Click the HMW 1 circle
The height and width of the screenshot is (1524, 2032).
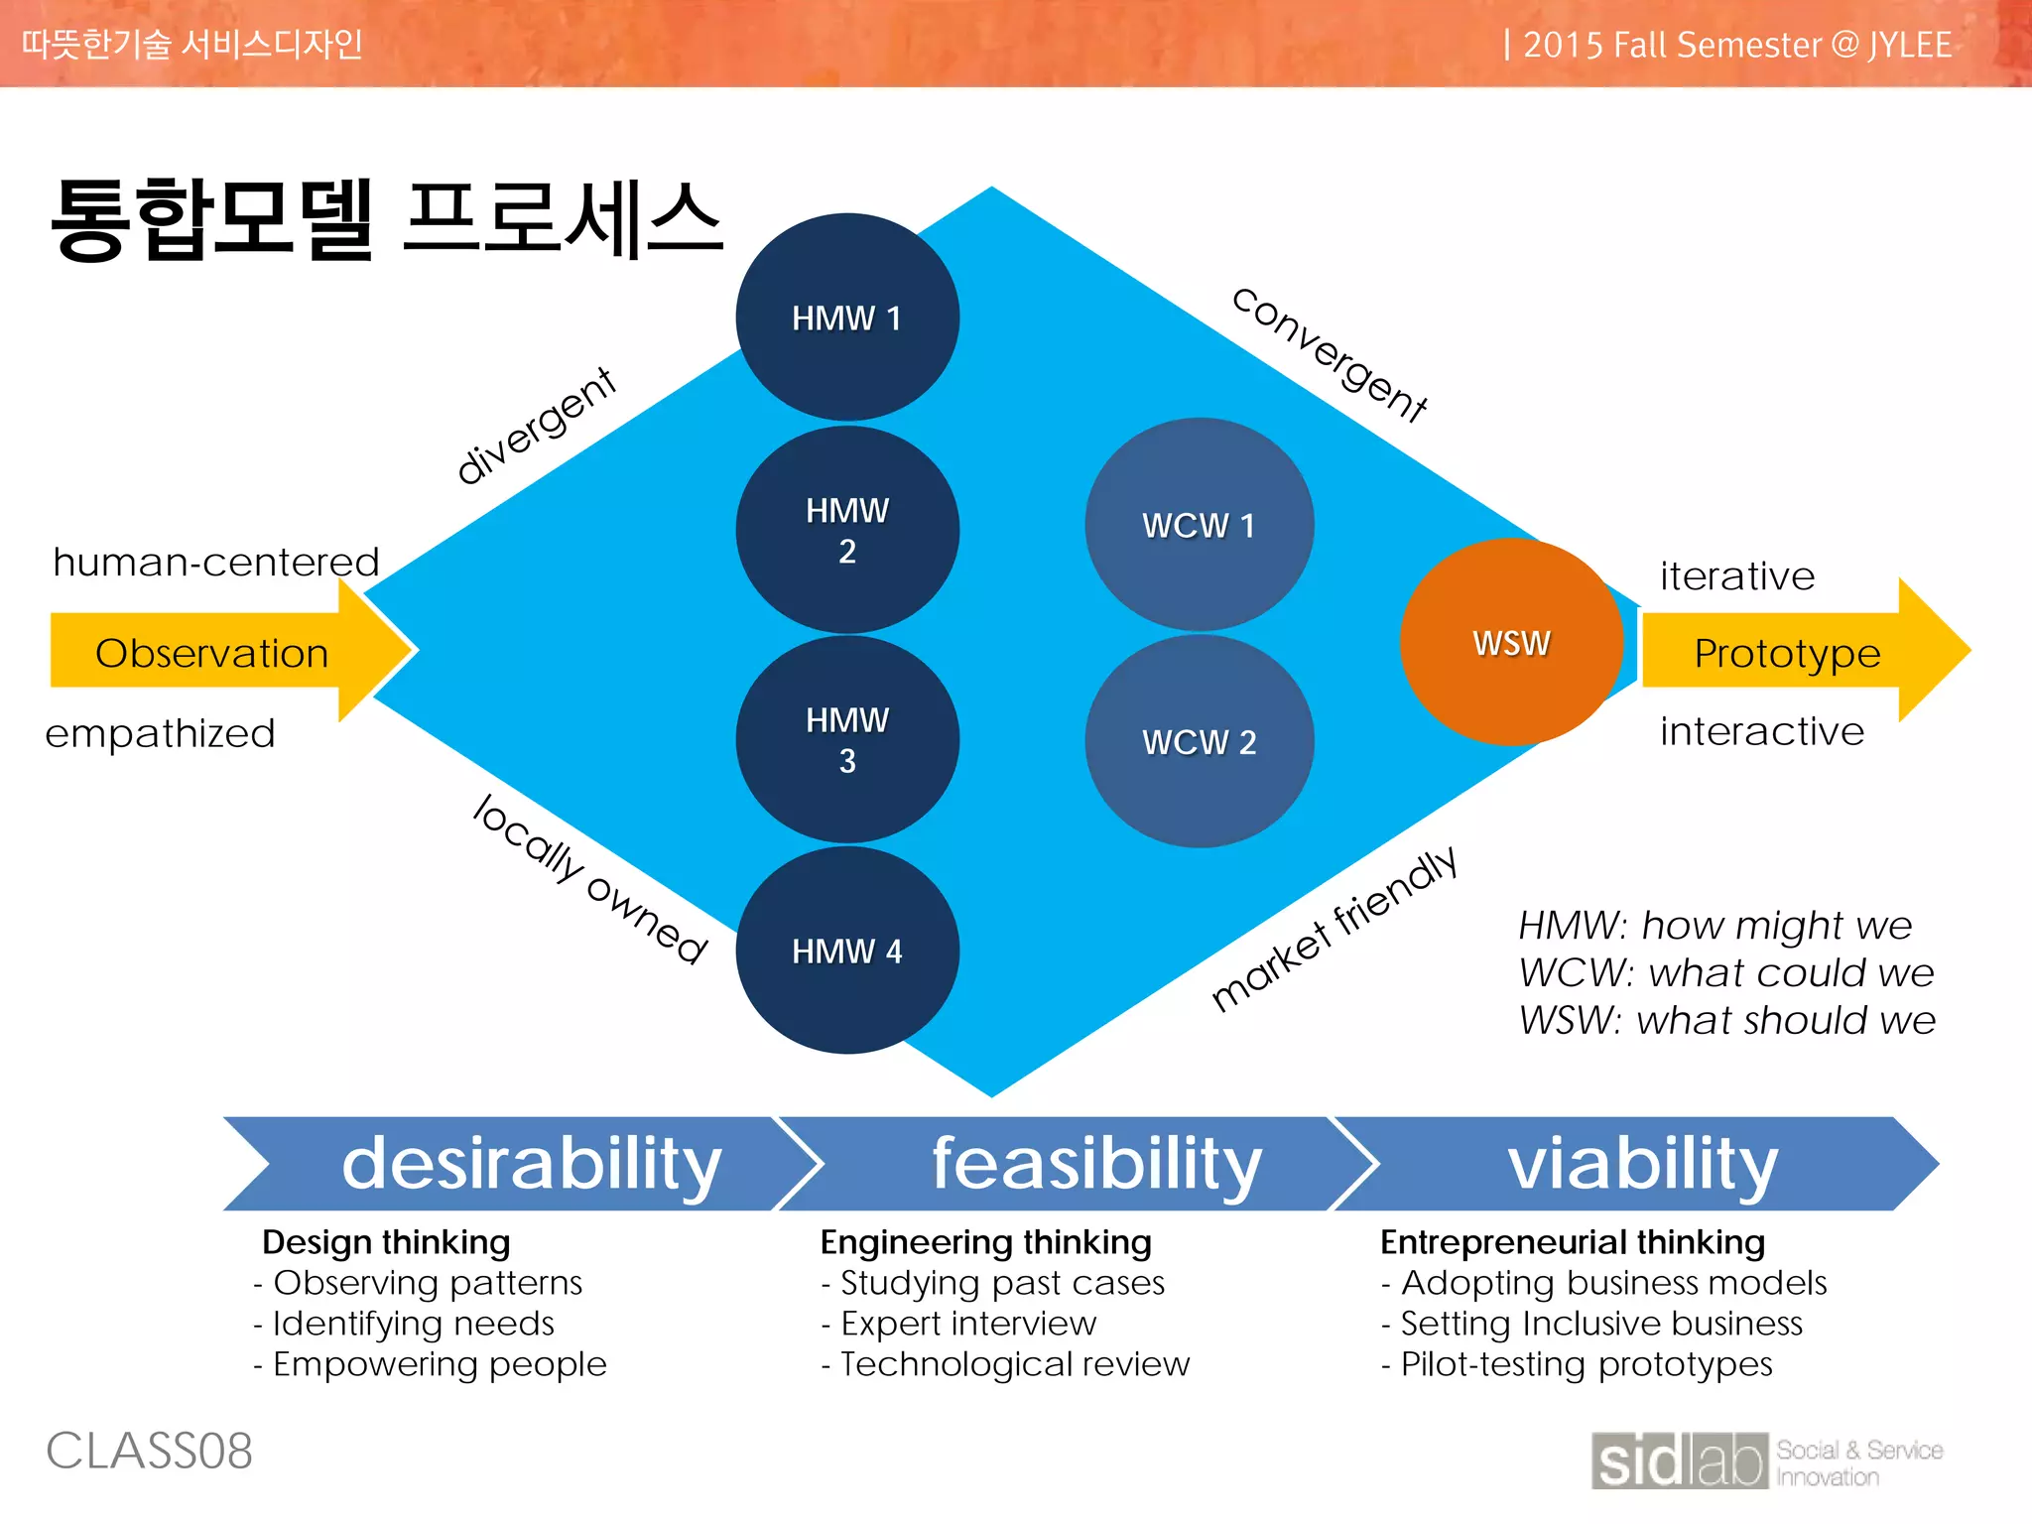click(x=846, y=317)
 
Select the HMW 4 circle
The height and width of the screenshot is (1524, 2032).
click(x=846, y=951)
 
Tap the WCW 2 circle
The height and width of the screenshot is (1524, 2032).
click(x=1199, y=742)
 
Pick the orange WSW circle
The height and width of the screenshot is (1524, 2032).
click(x=1510, y=643)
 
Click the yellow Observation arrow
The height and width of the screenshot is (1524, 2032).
click(x=212, y=653)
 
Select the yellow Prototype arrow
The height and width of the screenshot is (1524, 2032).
click(x=1786, y=653)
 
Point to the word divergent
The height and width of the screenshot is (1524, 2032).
click(x=536, y=425)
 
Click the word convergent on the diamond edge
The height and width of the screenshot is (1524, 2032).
click(x=1330, y=354)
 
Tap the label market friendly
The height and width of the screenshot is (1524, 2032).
click(x=1334, y=929)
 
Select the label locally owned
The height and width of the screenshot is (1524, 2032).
click(x=591, y=879)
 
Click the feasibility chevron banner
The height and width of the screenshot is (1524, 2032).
click(x=1095, y=1163)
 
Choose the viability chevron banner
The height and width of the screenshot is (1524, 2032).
click(x=1642, y=1163)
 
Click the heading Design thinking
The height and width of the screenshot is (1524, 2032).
click(x=386, y=1242)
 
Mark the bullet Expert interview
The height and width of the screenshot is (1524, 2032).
click(x=967, y=1324)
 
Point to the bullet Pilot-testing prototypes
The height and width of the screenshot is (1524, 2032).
click(x=1585, y=1364)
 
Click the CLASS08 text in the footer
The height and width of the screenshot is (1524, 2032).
click(x=149, y=1451)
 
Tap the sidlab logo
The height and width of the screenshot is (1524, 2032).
click(x=1679, y=1460)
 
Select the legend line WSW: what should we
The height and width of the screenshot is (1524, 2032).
click(x=1726, y=1020)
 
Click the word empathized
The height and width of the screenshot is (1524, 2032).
click(x=160, y=734)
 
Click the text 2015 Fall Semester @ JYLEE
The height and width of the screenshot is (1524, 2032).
click(x=1736, y=45)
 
